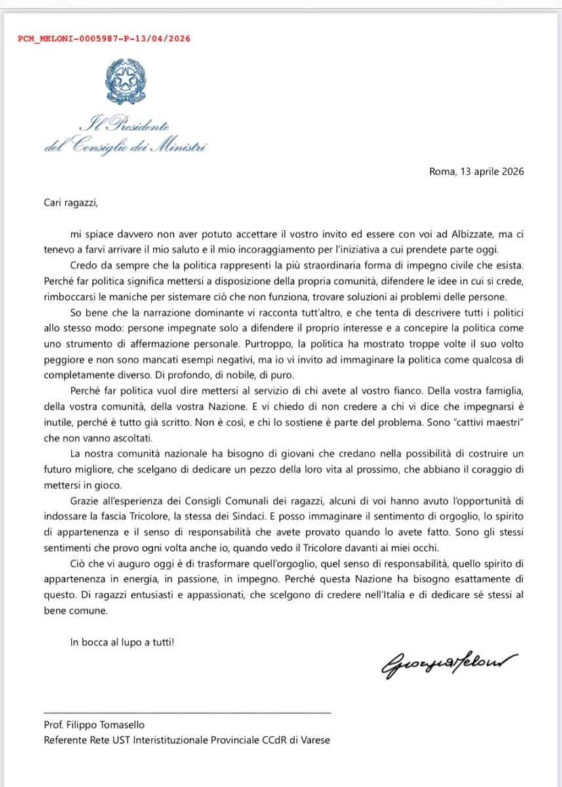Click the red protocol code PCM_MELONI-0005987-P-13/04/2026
[x=104, y=39]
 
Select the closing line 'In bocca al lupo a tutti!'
[x=122, y=642]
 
